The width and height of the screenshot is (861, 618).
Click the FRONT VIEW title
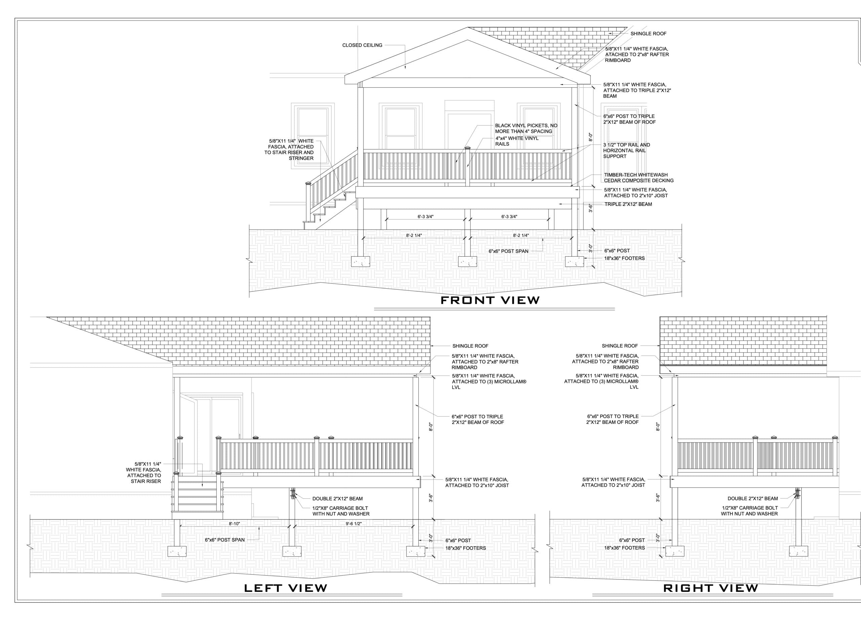[490, 300]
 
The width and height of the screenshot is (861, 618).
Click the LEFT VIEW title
[285, 588]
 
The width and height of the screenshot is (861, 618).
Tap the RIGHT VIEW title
[710, 588]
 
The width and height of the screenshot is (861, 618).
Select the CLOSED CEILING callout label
[362, 45]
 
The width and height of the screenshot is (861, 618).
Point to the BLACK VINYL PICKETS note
[526, 128]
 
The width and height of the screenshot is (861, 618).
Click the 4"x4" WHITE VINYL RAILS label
[517, 141]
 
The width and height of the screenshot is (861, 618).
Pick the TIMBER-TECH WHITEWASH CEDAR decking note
[639, 177]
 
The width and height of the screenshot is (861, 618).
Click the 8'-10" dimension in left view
[234, 524]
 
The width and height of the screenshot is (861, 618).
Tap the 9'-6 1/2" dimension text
[353, 524]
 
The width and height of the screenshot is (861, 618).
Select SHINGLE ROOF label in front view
[648, 33]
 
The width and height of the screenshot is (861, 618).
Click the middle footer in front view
[467, 262]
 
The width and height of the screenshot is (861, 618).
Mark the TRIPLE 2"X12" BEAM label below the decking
[628, 204]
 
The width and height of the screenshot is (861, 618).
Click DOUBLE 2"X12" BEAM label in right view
[752, 498]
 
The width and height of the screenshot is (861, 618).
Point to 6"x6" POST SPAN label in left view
[225, 540]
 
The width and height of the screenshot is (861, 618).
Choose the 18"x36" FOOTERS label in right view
[625, 548]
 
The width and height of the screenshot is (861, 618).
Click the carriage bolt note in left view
[340, 511]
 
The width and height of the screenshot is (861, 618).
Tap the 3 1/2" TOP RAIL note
[626, 150]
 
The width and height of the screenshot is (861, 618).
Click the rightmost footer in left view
[416, 551]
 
